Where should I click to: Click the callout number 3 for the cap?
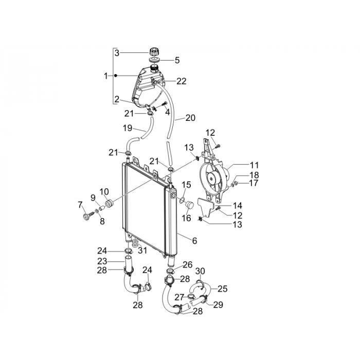[117, 53]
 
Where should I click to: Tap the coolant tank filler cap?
[154, 51]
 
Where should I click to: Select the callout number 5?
[177, 60]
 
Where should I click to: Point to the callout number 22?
[182, 81]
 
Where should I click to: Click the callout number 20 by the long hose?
[190, 118]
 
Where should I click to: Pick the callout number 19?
[128, 128]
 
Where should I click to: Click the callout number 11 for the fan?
[254, 165]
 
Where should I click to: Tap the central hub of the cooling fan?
[211, 178]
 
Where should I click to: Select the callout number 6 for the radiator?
[194, 241]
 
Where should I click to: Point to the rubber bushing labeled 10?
[109, 204]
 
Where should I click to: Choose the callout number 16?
[186, 218]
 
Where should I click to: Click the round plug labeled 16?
[189, 204]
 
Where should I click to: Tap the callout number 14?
[238, 206]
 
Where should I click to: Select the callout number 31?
[142, 250]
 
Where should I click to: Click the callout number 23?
[102, 261]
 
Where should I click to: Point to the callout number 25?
[223, 289]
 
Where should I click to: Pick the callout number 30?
[200, 271]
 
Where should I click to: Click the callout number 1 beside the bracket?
[105, 76]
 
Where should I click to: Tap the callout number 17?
[254, 183]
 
